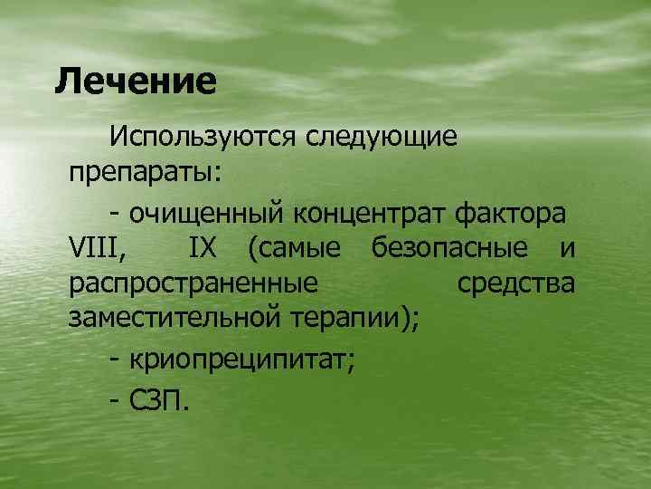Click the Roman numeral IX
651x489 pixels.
[x=203, y=247]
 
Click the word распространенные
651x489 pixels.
[x=193, y=283]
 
